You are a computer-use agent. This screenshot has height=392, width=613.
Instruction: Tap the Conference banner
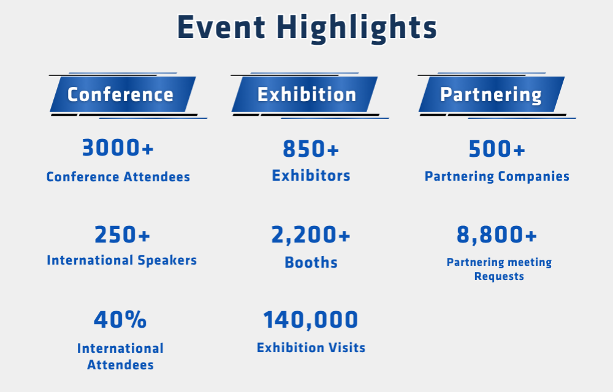pyautogui.click(x=123, y=94)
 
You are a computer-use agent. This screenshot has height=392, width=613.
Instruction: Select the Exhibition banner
pyautogui.click(x=305, y=94)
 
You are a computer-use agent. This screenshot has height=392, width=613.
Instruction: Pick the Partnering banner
pyautogui.click(x=492, y=94)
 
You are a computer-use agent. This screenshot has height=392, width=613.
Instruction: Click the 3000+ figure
pyautogui.click(x=118, y=148)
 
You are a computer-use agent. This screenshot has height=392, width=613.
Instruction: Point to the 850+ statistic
pyautogui.click(x=311, y=149)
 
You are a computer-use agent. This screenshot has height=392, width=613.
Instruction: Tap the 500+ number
pyautogui.click(x=497, y=149)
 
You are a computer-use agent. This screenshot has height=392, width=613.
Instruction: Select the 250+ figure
pyautogui.click(x=123, y=235)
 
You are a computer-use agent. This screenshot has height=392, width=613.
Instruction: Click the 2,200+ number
pyautogui.click(x=311, y=235)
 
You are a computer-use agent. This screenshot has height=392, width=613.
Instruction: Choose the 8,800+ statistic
pyautogui.click(x=497, y=235)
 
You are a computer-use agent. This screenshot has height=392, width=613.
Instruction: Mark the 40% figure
pyautogui.click(x=120, y=319)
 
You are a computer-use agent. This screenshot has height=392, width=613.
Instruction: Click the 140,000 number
pyautogui.click(x=311, y=320)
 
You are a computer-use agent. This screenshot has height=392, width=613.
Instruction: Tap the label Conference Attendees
pyautogui.click(x=118, y=177)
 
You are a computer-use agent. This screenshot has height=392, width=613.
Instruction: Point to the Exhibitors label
pyautogui.click(x=311, y=176)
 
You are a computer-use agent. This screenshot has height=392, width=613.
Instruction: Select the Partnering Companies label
pyautogui.click(x=497, y=176)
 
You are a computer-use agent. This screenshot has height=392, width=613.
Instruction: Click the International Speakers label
pyautogui.click(x=121, y=260)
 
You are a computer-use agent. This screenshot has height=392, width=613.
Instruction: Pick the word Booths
pyautogui.click(x=311, y=262)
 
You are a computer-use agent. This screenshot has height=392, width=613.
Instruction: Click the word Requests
pyautogui.click(x=499, y=276)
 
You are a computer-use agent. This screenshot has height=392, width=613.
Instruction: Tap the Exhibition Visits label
pyautogui.click(x=311, y=347)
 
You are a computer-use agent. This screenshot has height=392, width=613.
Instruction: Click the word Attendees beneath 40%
pyautogui.click(x=120, y=364)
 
